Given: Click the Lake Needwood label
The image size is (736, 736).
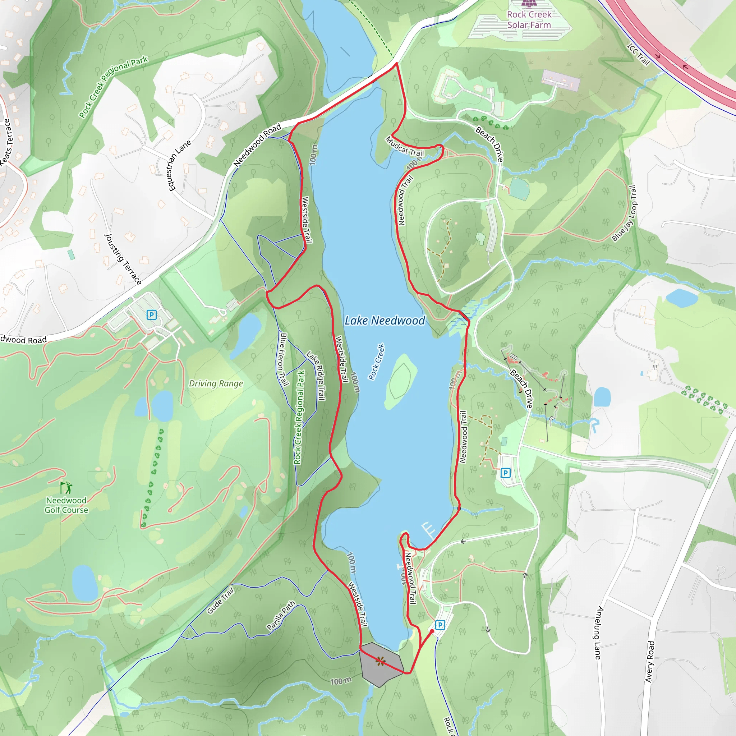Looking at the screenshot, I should pos(385,321).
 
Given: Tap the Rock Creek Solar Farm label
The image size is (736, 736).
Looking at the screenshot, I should pos(529,20).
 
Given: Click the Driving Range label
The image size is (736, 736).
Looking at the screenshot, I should pos(216,383).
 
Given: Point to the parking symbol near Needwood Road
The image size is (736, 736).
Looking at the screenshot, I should pos(152,315).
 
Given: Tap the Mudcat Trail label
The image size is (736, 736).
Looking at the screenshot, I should pos(405,147).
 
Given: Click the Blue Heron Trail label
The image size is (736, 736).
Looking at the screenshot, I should pos(283,359).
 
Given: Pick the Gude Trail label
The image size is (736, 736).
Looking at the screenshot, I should pos(221,601).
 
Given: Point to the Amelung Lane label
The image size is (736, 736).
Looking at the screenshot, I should pos(599,633).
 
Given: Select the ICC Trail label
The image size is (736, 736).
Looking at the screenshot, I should pos(639,55).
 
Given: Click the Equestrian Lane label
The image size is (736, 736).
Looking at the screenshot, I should pos(179,166).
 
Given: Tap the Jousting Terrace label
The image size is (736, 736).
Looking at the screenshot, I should pos(123,259).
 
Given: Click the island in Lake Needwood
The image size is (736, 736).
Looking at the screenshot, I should pos(401,381).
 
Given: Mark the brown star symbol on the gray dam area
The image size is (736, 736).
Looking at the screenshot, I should pos(380,661).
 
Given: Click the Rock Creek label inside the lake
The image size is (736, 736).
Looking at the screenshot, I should pos(376,362).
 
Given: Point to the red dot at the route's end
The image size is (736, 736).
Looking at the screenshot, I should pos(432,631).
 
